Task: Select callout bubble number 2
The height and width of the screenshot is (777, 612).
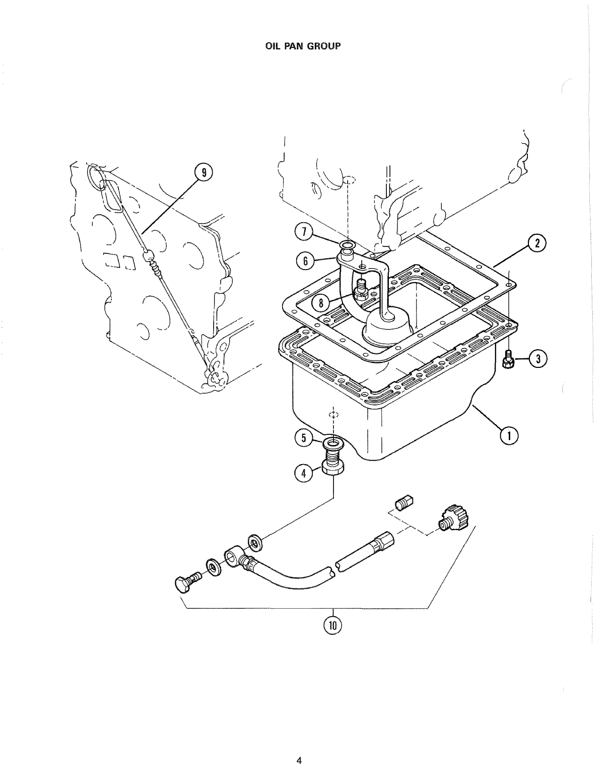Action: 537,244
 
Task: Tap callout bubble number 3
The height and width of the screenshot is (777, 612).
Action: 538,359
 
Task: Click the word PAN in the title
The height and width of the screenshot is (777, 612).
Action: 293,46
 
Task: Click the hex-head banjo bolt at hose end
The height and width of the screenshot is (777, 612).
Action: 187,582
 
